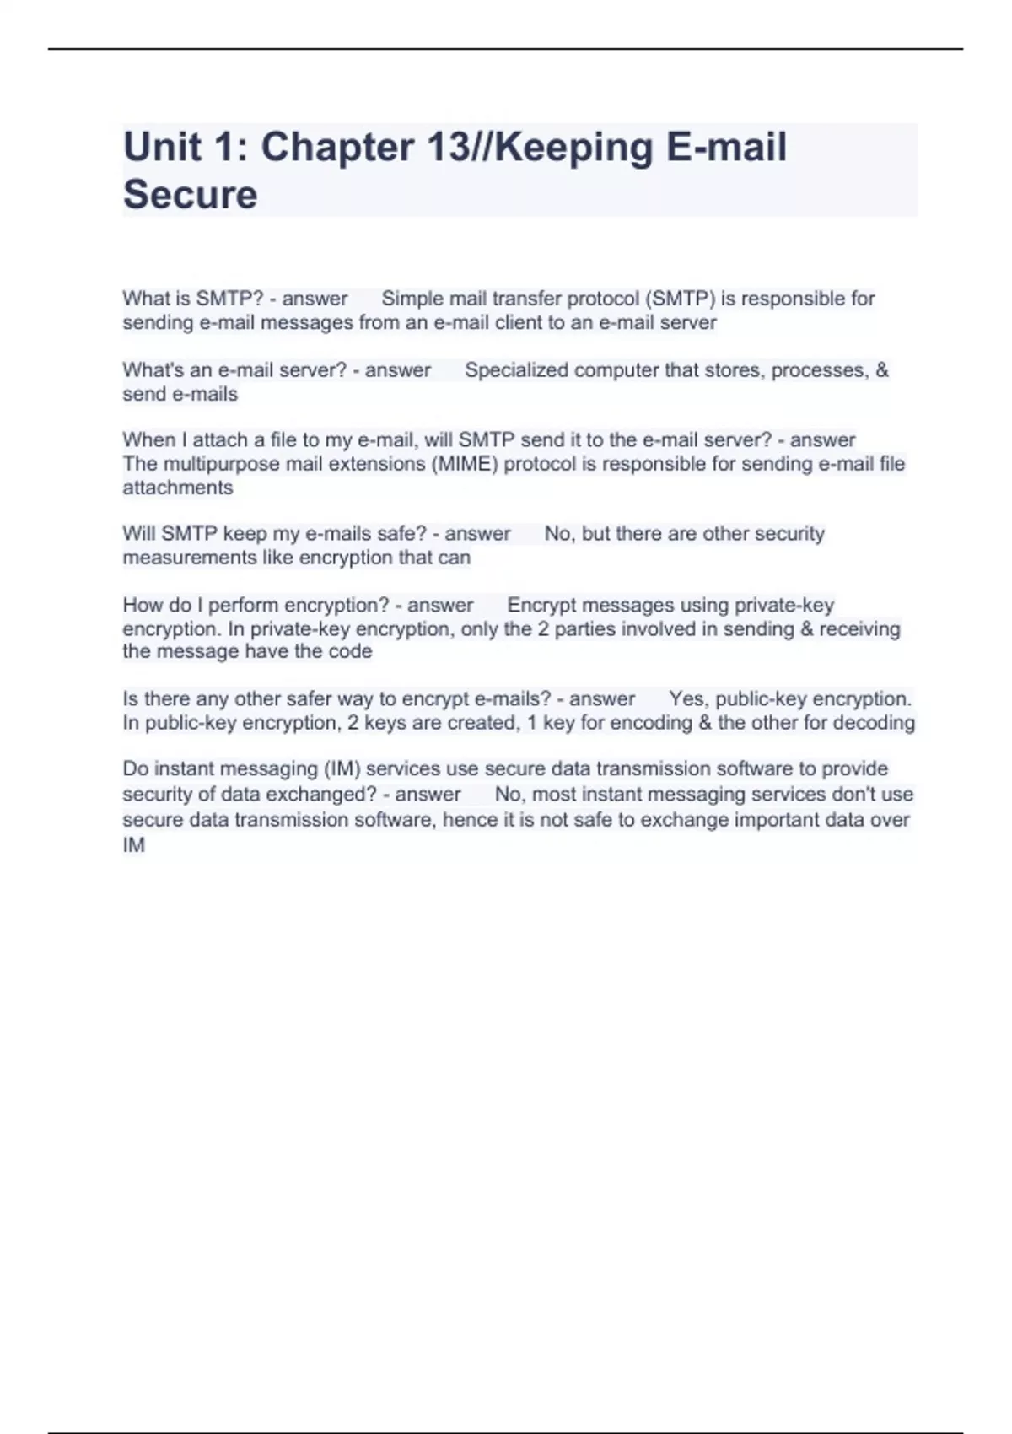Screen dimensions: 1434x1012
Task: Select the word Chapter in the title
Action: coord(336,148)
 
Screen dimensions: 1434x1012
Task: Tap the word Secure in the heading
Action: coord(191,195)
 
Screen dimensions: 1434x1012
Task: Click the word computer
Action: coord(615,370)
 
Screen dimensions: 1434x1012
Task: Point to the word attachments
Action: coord(178,488)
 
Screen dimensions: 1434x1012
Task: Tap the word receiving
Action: coord(859,629)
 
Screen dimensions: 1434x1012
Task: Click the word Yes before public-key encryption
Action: coord(687,699)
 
